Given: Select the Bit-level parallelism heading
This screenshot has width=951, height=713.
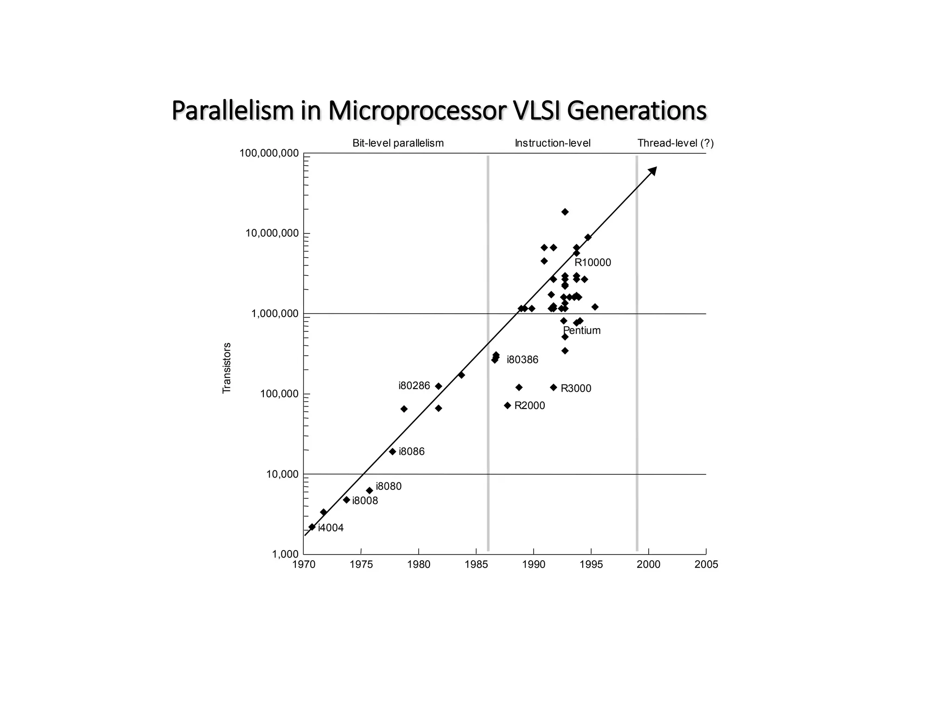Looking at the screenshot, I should (398, 143).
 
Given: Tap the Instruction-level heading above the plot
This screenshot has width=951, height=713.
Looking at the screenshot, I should (553, 143).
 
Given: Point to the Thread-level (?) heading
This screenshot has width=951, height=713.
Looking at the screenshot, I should (675, 143).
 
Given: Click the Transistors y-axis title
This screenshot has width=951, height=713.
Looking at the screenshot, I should (227, 368).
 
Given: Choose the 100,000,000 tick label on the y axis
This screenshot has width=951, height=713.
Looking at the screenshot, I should (269, 153).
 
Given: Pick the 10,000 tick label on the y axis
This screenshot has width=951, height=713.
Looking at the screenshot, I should (282, 474).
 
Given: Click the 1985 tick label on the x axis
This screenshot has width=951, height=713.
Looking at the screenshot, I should (476, 564).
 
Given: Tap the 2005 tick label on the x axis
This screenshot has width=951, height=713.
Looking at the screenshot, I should (706, 564).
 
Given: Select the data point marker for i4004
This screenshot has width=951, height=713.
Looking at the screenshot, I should (312, 527).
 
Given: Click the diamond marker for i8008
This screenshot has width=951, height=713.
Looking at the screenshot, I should (346, 500).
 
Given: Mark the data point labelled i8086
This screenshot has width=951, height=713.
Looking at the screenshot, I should (392, 452).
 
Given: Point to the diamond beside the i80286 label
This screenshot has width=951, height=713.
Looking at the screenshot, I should (438, 386).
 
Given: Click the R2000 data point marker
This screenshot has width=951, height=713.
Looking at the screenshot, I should (508, 406).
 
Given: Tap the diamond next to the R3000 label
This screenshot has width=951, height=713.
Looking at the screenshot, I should (554, 387).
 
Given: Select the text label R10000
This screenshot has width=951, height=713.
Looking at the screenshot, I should (593, 263).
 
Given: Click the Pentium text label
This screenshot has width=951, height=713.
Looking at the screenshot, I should (582, 331).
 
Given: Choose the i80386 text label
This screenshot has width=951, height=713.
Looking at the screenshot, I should (522, 360).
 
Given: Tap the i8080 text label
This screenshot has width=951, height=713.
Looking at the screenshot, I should (389, 486).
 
